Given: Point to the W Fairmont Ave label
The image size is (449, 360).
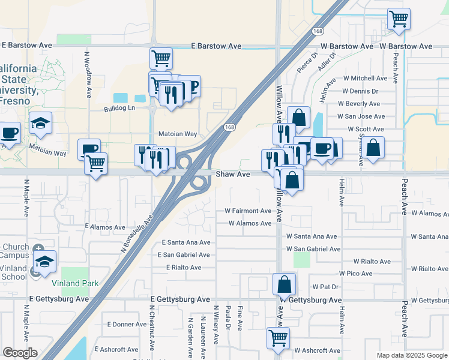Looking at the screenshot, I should [248, 211].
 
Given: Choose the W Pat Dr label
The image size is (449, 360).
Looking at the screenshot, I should [326, 287].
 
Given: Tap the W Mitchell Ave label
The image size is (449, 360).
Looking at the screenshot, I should [365, 79].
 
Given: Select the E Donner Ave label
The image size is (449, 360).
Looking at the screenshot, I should [127, 325].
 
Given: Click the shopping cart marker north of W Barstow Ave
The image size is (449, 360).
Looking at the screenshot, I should [399, 19].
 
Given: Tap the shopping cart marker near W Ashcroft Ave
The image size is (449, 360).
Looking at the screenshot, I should [278, 338].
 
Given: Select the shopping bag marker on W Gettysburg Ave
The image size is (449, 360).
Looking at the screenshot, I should [285, 285].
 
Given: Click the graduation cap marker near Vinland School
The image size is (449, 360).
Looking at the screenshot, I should [45, 262].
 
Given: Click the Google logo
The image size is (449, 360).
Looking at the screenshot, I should [20, 353].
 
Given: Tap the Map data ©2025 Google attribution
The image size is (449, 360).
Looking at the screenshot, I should [411, 355].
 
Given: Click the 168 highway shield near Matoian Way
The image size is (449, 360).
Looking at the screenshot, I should [229, 127].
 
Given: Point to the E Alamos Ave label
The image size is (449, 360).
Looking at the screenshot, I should [105, 227].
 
